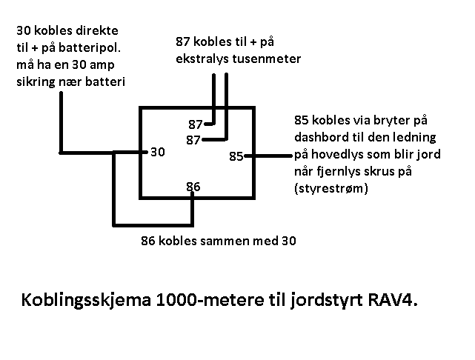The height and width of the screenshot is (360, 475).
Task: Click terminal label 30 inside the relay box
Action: tap(158, 152)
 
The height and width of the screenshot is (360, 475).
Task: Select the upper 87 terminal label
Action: tap(196, 124)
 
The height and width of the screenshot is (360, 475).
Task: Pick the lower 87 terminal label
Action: tap(193, 140)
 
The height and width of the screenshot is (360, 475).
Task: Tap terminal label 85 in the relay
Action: tap(236, 156)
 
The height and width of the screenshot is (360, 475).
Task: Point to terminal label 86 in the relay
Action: tap(193, 187)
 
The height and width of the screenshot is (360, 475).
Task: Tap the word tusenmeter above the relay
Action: tap(267, 59)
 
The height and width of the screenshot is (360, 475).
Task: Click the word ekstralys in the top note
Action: tap(202, 59)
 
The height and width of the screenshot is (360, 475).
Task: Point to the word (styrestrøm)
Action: tap(331, 188)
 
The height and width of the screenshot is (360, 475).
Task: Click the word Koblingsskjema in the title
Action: tap(86, 300)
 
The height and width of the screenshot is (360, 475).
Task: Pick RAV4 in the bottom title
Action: tap(393, 300)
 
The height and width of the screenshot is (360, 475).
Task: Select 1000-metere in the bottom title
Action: tap(210, 300)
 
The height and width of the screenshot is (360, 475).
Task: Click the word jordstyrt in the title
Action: tap(327, 301)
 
